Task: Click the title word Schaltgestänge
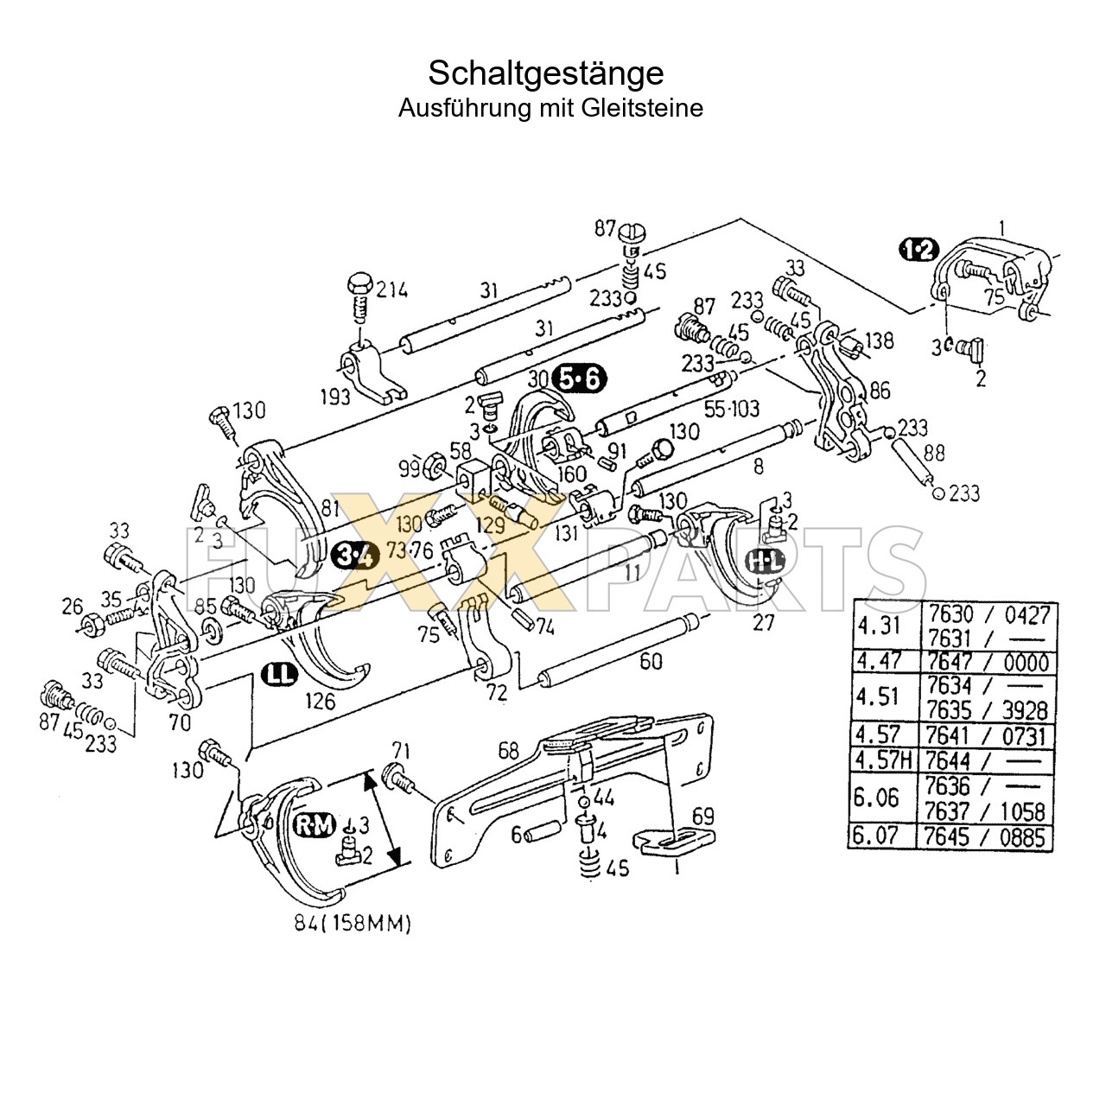(x=546, y=73)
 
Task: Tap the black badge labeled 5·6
(x=580, y=378)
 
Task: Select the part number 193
(x=334, y=396)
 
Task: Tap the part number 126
(x=320, y=702)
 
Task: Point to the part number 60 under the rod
(x=652, y=661)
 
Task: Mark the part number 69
(x=704, y=815)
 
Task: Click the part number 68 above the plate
(x=509, y=750)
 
